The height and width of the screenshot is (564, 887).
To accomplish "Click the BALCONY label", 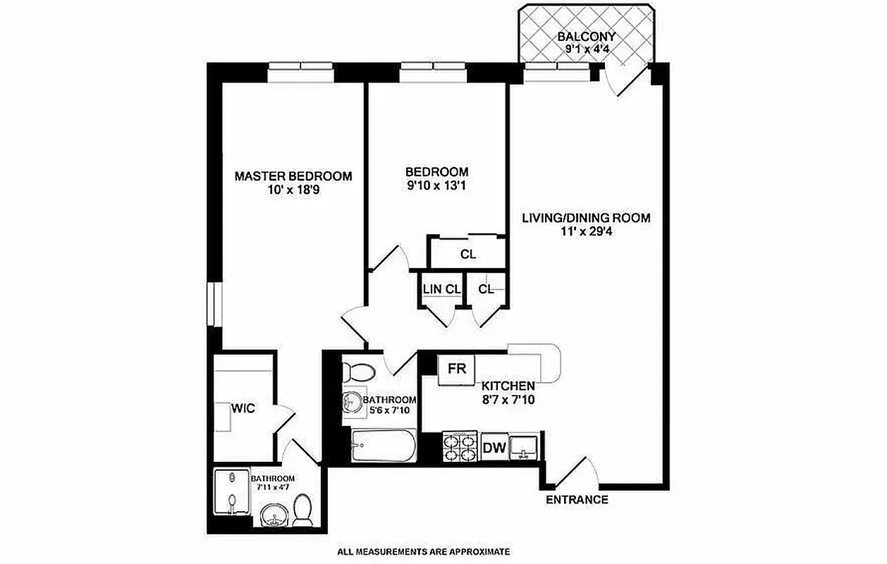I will point(586,37).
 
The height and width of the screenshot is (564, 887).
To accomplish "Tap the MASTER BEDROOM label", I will point(293,176).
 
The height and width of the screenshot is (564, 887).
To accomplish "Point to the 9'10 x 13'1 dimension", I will point(436,186).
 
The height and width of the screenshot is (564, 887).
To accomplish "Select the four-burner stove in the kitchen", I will point(460,446).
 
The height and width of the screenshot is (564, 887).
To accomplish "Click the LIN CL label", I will point(441,288).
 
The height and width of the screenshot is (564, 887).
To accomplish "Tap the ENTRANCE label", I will point(577,500).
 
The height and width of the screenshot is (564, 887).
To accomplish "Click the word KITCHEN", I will point(508,386).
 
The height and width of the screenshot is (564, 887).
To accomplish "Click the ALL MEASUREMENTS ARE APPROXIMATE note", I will point(423,552).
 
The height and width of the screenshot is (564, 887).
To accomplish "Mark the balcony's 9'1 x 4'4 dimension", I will point(586,49).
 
